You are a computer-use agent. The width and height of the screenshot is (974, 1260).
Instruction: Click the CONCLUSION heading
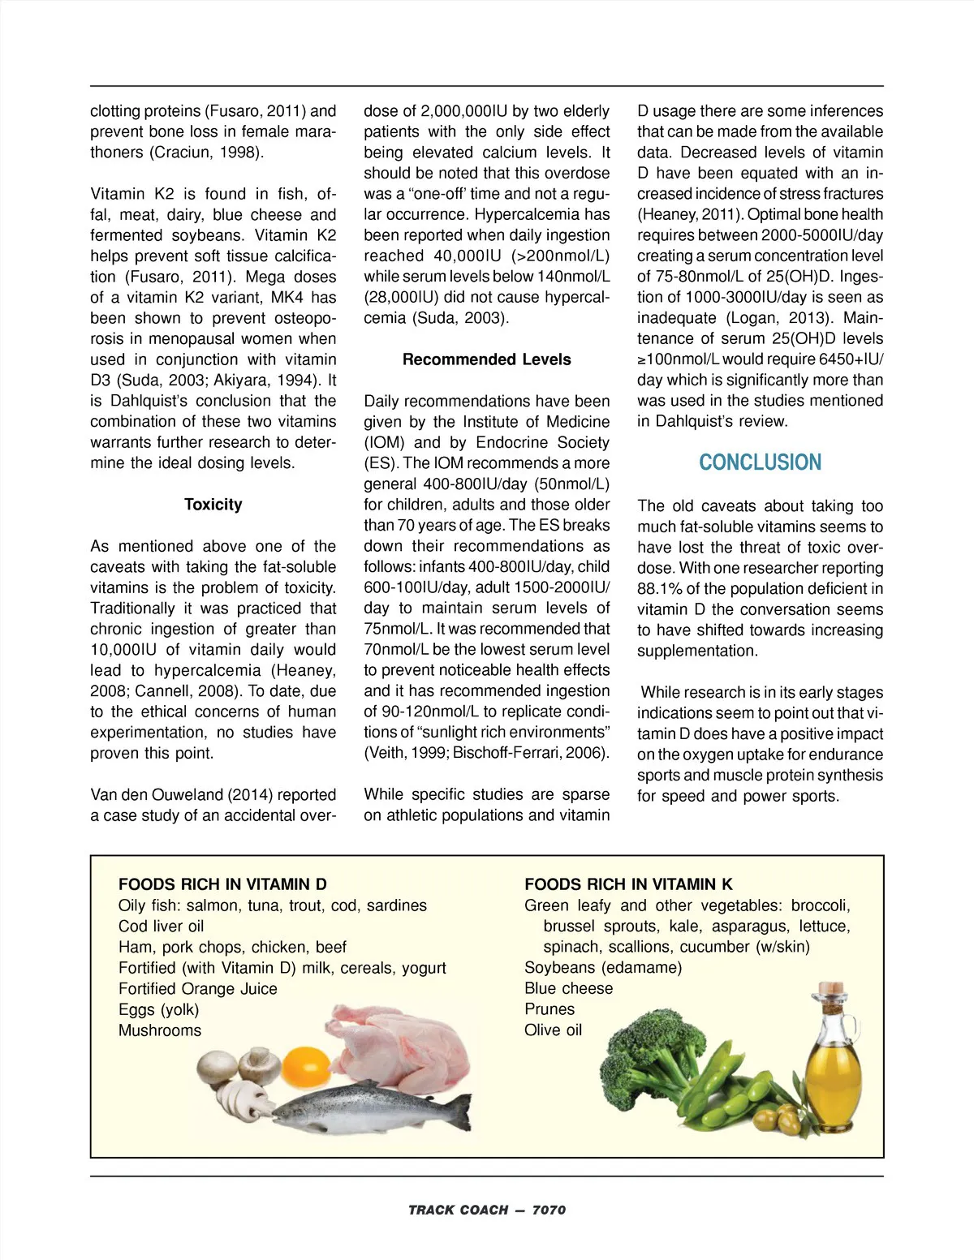coord(760,462)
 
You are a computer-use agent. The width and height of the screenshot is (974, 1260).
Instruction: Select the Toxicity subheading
coord(213,505)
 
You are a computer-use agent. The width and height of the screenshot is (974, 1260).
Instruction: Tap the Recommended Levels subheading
coord(486,359)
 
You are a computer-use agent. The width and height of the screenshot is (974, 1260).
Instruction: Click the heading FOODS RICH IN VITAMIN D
coord(222,884)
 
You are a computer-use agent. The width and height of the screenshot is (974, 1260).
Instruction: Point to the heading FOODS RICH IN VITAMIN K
coord(628,884)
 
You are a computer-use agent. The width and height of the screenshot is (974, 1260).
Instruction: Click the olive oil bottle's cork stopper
coord(832,992)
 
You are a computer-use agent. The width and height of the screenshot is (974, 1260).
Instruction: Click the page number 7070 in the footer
coord(549,1210)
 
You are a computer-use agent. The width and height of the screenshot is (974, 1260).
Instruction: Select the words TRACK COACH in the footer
coord(458,1210)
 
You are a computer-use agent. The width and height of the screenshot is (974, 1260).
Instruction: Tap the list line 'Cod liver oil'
coord(161,927)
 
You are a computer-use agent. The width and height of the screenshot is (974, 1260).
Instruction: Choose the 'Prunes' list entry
coord(549,1009)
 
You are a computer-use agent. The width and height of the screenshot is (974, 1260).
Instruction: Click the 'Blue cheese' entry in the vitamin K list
coord(568,988)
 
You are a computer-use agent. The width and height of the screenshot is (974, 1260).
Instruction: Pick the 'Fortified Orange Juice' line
coord(197,989)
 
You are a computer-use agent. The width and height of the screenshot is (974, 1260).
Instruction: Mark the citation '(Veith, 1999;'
coord(405,753)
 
